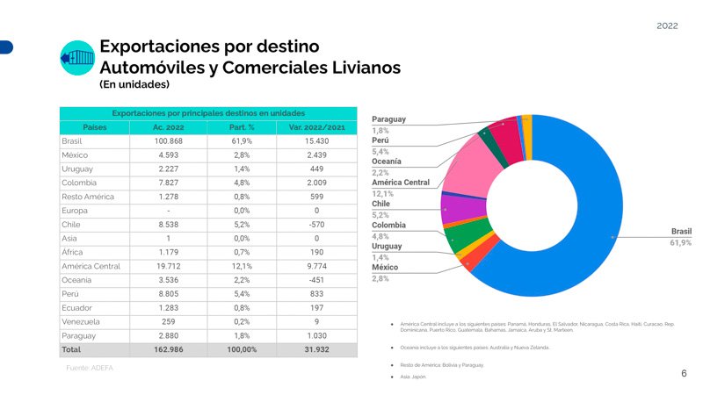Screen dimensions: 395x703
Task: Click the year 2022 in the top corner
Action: point(667,26)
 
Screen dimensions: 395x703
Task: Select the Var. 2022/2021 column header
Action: point(317,127)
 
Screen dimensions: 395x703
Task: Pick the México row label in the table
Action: point(77,154)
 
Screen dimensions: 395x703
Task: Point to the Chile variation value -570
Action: point(317,224)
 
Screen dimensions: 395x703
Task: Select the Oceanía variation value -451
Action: point(317,279)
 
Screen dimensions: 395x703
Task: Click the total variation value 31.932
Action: point(317,349)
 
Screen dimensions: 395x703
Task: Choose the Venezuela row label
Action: point(82,321)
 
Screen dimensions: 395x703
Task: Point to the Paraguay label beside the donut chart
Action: point(388,118)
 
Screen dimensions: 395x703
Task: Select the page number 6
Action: point(684,373)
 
